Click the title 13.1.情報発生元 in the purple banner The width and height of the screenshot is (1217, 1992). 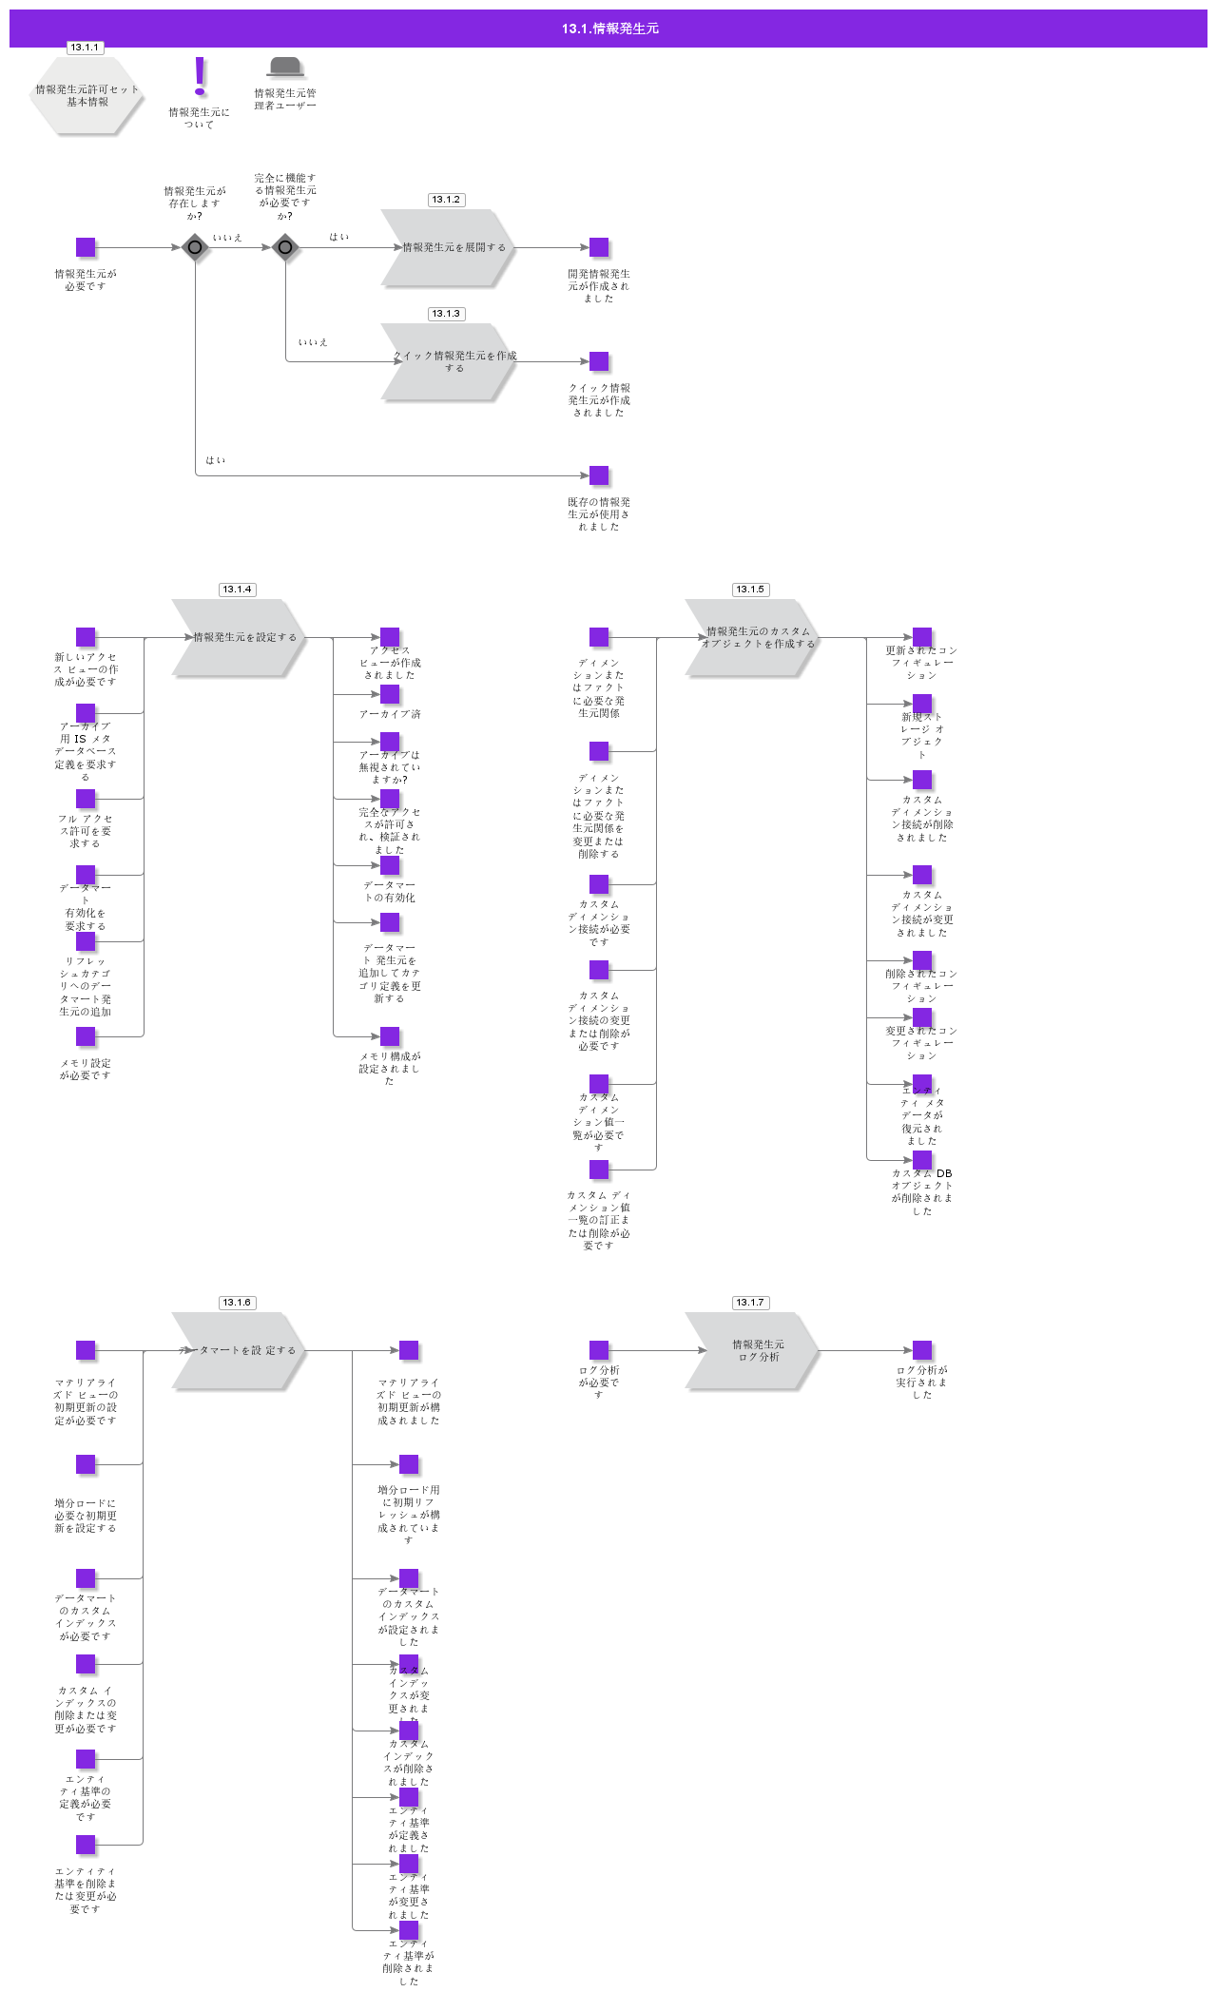(609, 29)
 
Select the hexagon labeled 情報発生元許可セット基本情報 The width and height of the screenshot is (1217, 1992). (87, 96)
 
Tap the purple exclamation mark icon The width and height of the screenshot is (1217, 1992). (200, 75)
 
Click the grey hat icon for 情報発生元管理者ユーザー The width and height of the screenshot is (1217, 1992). (285, 67)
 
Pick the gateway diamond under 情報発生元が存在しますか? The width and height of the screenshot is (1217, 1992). (195, 247)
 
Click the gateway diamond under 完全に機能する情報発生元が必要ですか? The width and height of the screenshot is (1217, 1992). (285, 247)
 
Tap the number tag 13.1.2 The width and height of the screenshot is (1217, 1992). (446, 200)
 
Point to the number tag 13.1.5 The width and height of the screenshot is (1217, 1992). (750, 590)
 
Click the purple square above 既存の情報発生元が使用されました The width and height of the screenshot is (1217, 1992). (599, 475)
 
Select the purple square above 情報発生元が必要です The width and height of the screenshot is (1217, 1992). (86, 247)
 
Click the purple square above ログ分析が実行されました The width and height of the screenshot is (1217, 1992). (922, 1350)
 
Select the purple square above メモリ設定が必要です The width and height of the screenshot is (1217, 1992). (86, 1036)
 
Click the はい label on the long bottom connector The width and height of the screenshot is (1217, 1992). (216, 460)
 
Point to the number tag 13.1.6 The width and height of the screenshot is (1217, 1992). (237, 1303)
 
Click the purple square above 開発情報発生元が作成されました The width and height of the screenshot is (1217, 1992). (599, 247)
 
